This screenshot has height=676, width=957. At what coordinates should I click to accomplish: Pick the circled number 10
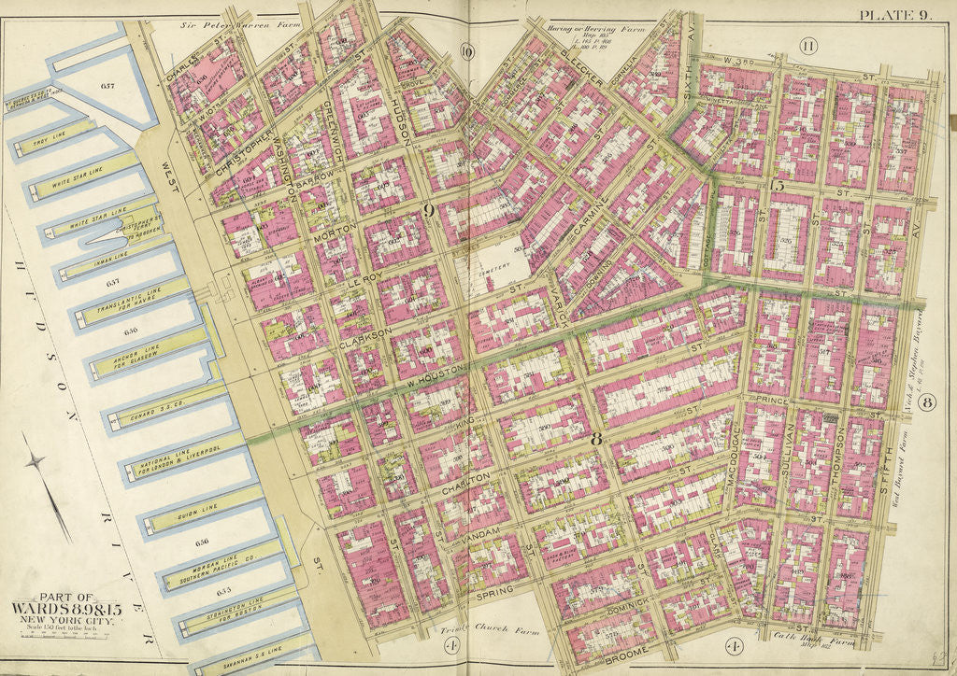point(467,51)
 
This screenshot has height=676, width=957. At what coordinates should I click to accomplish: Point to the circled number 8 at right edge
point(926,403)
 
